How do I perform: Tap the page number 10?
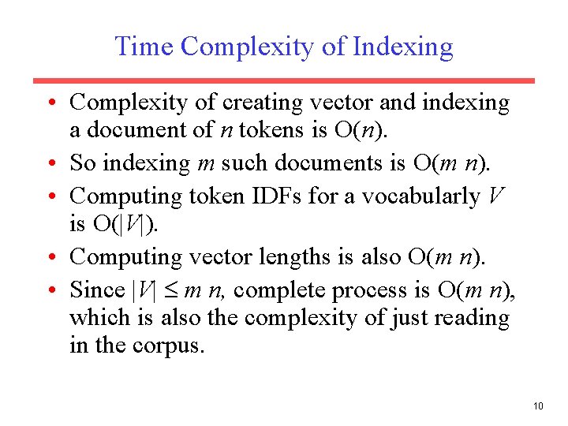tap(538, 406)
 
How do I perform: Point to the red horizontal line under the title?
tap(283, 80)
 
